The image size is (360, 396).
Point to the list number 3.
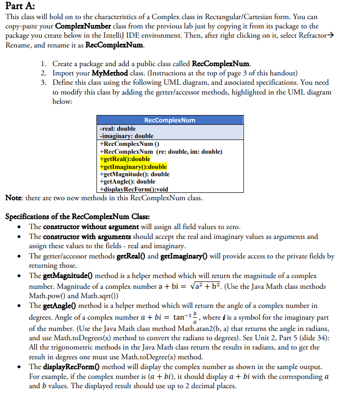point(44,82)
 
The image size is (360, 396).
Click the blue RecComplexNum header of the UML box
point(169,120)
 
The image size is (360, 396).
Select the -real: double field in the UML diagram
point(118,128)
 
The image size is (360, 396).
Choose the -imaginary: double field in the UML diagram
point(126,136)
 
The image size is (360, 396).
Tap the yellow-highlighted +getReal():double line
point(125,159)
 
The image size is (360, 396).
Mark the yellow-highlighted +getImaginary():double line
point(133,166)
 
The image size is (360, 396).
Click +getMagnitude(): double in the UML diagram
point(134,174)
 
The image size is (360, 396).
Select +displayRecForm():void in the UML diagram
point(133,189)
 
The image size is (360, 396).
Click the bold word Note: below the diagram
point(15,197)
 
